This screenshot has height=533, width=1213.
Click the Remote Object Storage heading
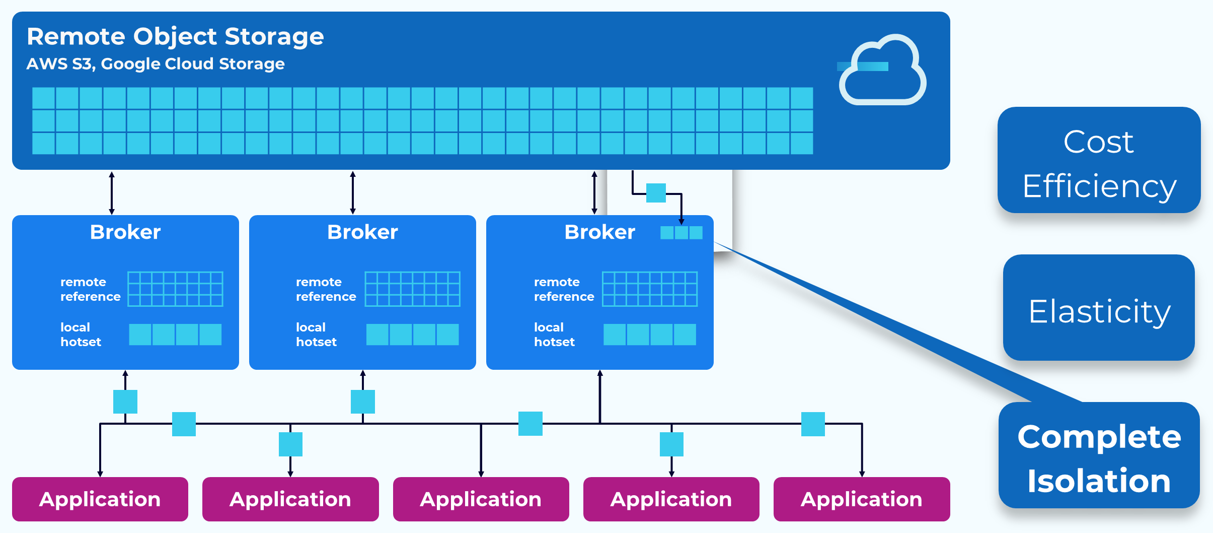175,36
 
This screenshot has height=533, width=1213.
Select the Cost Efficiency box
1099,160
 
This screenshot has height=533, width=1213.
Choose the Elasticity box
1099,308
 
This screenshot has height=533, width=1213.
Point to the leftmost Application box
100,499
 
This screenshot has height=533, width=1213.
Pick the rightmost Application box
862,499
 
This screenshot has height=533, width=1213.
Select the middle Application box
481,499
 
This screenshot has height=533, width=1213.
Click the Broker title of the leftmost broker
125,232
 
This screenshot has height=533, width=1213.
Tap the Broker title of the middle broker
362,232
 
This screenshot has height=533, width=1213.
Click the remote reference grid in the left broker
175,289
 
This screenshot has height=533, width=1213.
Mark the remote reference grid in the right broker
649,289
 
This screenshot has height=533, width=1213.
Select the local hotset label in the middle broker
316,335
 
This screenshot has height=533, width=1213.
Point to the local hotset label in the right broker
554,335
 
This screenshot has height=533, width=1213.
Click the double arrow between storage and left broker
112,193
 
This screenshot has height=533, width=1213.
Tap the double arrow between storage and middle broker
353,193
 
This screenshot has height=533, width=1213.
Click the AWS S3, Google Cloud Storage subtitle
156,64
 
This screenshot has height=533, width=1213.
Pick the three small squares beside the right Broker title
681,233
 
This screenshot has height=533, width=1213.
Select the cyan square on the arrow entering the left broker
125,402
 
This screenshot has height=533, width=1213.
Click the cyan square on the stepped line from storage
656,193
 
